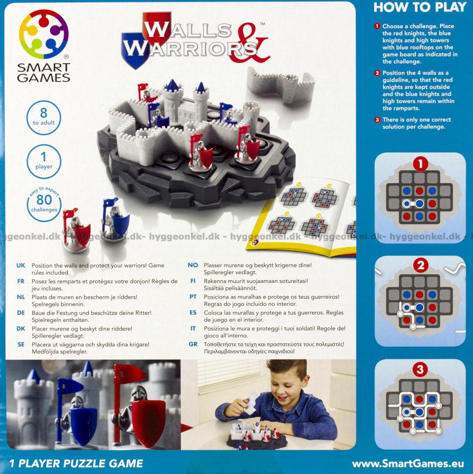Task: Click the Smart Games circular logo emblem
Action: (44, 34)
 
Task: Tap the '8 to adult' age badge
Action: (44, 118)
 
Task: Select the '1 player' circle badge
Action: (44, 161)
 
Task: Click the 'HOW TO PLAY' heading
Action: (420, 7)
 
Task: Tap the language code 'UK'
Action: (20, 265)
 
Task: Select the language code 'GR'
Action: (193, 344)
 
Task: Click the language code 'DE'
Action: (20, 312)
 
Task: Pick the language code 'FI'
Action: (193, 281)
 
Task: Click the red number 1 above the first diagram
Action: (420, 164)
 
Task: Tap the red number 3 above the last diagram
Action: (420, 369)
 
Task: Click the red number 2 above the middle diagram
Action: (420, 266)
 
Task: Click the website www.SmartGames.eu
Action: (408, 464)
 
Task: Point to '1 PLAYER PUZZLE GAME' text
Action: (76, 464)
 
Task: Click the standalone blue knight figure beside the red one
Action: (115, 221)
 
